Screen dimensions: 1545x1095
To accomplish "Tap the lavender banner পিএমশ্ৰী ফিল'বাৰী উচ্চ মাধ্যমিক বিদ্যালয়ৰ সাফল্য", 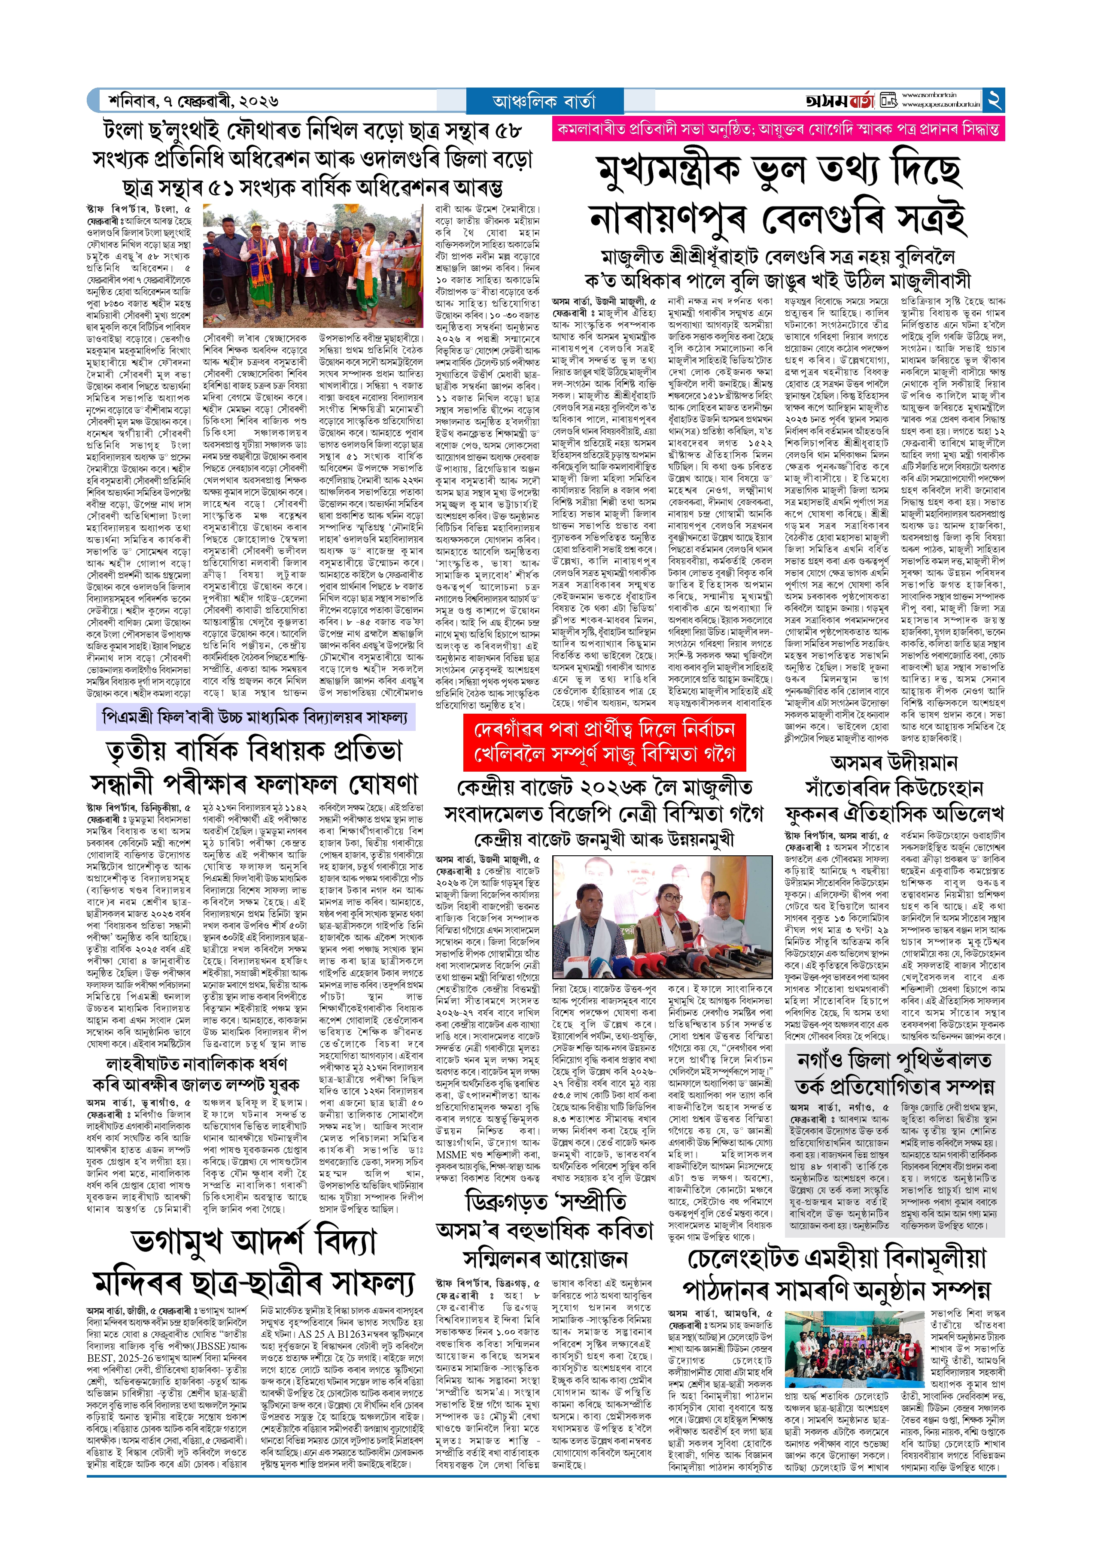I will coord(255,718).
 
